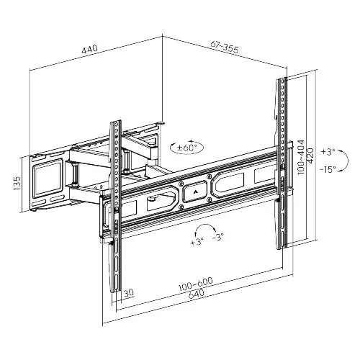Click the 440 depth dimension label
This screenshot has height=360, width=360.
point(89,49)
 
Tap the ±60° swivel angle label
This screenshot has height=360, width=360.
point(189,148)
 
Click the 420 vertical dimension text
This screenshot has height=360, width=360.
point(310,154)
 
